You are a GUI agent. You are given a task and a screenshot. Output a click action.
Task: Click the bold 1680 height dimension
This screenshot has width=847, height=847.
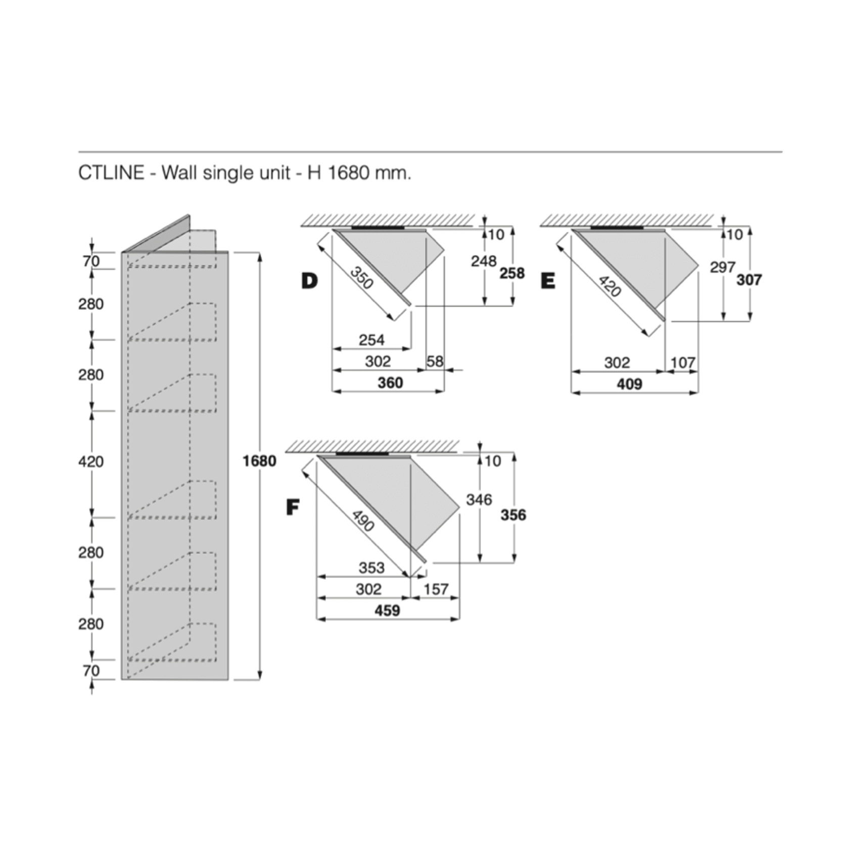(259, 461)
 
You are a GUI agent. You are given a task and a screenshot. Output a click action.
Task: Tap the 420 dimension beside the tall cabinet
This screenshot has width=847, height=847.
(91, 461)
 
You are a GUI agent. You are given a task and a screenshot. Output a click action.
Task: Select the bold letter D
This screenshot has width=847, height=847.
(309, 280)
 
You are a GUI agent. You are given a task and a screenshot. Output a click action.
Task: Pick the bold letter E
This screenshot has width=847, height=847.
(548, 280)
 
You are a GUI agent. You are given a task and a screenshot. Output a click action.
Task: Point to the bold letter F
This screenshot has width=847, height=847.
(293, 507)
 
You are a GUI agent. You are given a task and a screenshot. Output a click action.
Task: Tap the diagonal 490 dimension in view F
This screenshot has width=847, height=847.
(363, 521)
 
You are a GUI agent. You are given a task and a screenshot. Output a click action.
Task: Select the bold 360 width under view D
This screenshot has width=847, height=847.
(390, 383)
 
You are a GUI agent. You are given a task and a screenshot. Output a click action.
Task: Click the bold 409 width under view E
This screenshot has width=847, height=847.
(629, 384)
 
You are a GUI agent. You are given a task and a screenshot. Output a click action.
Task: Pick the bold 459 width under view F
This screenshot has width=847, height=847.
(387, 610)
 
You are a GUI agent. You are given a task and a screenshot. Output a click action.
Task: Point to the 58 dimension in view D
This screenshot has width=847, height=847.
(435, 361)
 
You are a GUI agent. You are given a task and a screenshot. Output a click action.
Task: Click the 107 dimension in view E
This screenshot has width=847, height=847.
(683, 362)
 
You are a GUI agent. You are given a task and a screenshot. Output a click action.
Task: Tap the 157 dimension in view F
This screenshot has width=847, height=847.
(436, 589)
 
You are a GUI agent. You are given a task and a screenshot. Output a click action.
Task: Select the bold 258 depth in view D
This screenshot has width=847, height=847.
(512, 273)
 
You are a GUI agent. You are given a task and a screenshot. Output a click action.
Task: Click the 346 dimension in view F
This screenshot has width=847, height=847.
(479, 500)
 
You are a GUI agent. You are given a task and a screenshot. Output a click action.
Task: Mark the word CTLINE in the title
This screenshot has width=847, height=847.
(111, 173)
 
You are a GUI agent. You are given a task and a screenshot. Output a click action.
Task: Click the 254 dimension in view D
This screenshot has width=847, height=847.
(371, 340)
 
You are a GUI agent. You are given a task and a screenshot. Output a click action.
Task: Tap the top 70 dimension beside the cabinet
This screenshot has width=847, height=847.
(91, 261)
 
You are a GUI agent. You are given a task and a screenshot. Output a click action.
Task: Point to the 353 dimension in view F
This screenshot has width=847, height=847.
(371, 568)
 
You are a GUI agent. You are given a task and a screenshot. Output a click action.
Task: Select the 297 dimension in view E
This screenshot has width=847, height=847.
(722, 267)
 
